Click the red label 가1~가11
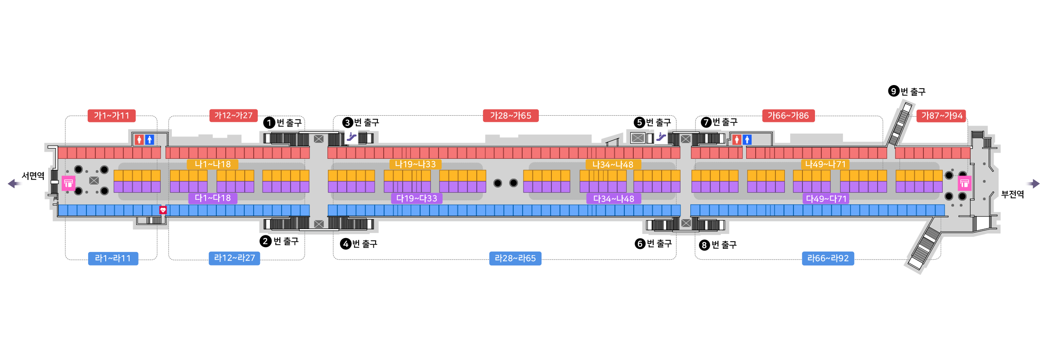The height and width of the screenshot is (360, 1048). click(x=112, y=116)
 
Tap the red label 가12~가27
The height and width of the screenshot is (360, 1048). click(x=233, y=116)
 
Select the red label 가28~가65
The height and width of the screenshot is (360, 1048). click(x=511, y=116)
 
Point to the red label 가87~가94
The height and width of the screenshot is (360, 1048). click(x=941, y=116)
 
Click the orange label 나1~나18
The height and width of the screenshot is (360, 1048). click(x=213, y=164)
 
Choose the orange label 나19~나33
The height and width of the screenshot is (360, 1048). click(x=415, y=164)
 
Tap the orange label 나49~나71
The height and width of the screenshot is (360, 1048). click(x=825, y=164)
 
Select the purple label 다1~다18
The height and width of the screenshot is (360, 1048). click(x=213, y=198)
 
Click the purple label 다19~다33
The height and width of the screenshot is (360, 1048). click(x=417, y=198)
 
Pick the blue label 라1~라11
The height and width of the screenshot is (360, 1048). click(x=113, y=258)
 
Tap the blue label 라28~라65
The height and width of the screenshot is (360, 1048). click(x=515, y=258)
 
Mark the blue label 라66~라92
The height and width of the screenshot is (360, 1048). click(x=828, y=258)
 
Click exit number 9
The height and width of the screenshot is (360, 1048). click(x=894, y=91)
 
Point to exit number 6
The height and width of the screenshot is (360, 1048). click(x=640, y=244)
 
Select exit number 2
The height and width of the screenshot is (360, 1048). click(x=265, y=241)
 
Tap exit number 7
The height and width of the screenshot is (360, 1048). click(x=706, y=122)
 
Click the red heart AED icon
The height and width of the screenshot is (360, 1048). click(x=163, y=210)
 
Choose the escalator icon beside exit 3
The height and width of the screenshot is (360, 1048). click(x=351, y=137)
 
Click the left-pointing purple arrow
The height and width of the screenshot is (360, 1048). click(x=15, y=184)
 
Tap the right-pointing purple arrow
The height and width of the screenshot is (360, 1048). click(x=1032, y=184)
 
